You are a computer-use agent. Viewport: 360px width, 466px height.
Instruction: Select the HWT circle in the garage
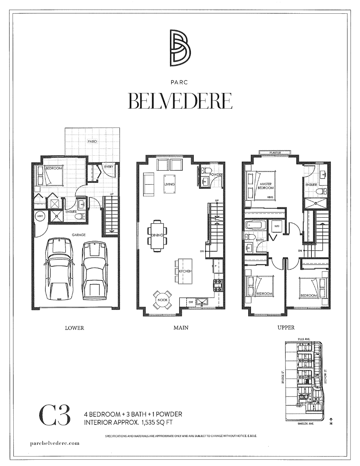tap(40, 216)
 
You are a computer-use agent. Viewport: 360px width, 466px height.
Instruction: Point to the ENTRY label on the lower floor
tap(109, 167)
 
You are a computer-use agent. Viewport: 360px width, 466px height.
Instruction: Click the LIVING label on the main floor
tap(169, 184)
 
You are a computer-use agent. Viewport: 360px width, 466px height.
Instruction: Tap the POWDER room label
tap(216, 175)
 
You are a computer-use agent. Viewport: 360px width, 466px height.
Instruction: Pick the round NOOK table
tap(163, 300)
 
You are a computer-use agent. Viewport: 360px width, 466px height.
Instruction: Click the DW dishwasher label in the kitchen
tap(190, 302)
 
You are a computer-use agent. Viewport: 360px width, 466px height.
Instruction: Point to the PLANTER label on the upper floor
tap(274, 153)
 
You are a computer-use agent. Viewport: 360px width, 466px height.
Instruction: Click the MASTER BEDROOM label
tap(266, 186)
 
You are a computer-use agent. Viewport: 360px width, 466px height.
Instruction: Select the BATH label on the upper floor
tap(259, 240)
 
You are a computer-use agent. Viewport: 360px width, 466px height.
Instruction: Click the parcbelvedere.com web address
tap(55, 442)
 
